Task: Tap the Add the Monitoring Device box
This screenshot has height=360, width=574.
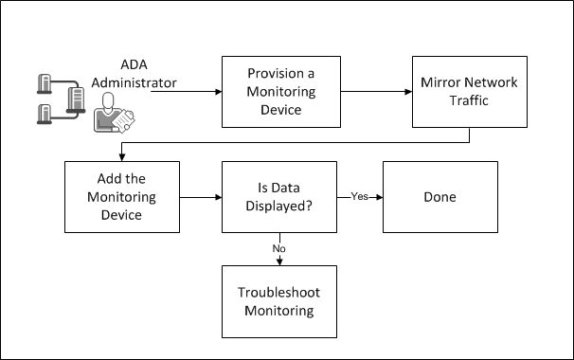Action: pyautogui.click(x=120, y=197)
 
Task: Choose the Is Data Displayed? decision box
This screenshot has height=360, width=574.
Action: pyautogui.click(x=279, y=197)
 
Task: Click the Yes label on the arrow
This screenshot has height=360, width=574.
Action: pyautogui.click(x=359, y=197)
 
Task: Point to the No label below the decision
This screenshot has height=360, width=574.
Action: pyautogui.click(x=279, y=249)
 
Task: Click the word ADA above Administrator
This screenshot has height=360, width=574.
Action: pyautogui.click(x=134, y=64)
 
